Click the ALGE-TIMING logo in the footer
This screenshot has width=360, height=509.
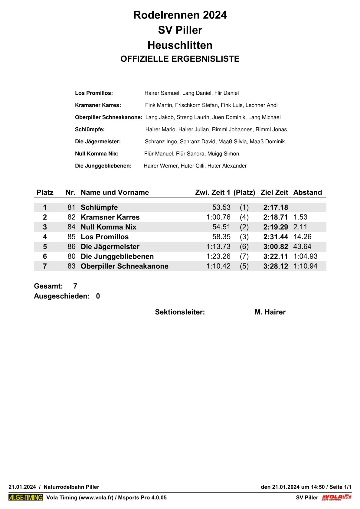point(26,498)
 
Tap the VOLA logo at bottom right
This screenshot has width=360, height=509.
point(336,498)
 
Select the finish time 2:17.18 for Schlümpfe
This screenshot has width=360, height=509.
point(276,207)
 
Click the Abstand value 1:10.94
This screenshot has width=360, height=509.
point(305,266)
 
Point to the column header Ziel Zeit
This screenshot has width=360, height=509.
point(274,192)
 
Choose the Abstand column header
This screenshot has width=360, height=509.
point(307,192)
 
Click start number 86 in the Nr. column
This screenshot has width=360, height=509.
point(71,246)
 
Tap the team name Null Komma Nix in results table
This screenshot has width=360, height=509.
point(108,227)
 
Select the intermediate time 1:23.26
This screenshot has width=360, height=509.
point(218,256)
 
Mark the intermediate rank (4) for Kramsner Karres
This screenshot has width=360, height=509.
point(244,217)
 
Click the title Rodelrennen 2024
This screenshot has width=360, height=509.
point(180,15)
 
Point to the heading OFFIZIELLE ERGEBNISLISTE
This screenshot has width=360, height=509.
point(180,59)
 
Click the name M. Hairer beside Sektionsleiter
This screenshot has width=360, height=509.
point(270,312)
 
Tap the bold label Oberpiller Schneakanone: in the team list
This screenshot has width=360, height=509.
point(109,117)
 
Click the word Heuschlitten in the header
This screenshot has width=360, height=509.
point(180,45)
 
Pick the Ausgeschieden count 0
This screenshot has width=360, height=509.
point(98,296)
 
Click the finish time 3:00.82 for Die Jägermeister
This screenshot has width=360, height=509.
point(276,246)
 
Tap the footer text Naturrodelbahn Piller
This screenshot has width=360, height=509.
point(71,487)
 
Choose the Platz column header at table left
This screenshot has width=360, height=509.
point(45,192)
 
